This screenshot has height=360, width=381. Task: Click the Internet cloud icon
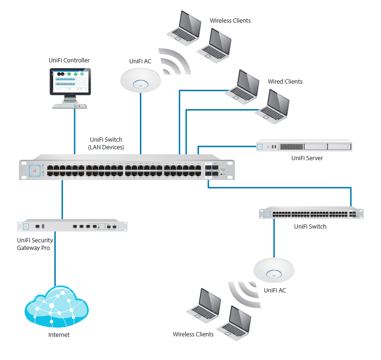point(57,306)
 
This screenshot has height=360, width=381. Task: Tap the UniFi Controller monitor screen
point(70,81)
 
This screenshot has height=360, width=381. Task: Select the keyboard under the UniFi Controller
point(69,106)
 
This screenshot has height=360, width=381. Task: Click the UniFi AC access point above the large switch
point(140,80)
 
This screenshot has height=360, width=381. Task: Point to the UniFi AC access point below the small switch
point(274,270)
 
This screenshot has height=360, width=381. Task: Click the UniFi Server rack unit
point(304,146)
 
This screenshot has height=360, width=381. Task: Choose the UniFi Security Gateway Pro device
point(72,225)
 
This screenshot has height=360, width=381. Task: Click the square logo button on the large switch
point(35,171)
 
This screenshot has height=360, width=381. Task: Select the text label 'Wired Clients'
point(285,82)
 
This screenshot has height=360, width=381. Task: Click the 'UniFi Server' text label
point(307,158)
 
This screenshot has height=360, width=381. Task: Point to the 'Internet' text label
point(59,335)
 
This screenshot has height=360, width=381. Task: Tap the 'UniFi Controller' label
point(69,60)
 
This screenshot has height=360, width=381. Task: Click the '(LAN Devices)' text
point(106,147)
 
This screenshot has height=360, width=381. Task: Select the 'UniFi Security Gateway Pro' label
point(35,244)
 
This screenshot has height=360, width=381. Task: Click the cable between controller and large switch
point(75,131)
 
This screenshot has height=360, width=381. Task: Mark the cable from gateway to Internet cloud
point(55,259)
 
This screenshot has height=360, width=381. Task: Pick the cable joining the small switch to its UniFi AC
point(274,238)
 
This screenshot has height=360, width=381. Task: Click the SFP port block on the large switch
point(212,171)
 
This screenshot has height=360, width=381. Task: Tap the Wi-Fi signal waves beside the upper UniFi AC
point(175,61)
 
